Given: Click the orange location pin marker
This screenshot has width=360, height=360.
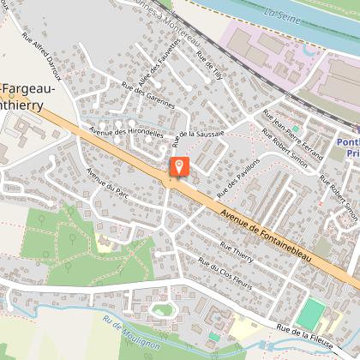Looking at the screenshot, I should pyautogui.click(x=178, y=167).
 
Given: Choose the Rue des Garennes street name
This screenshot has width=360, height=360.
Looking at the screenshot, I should pyautogui.click(x=148, y=96).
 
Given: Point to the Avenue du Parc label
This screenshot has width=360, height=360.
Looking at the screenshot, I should pyautogui.click(x=104, y=182).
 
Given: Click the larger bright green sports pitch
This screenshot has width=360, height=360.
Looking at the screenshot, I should pyautogui.click(x=310, y=313).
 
